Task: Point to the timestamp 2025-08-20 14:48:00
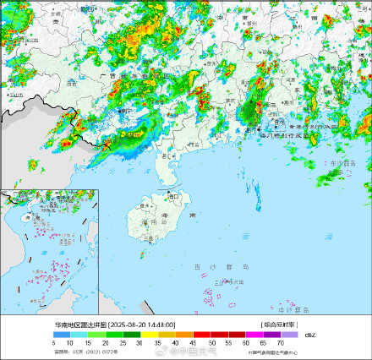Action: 143,324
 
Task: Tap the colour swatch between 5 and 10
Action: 62,335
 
